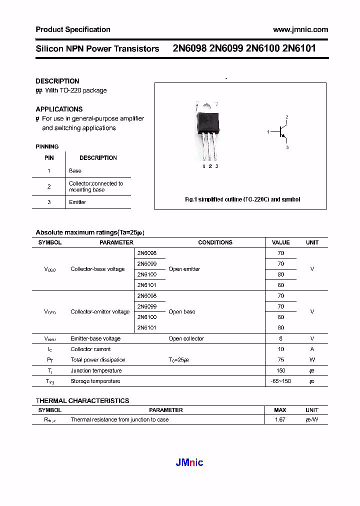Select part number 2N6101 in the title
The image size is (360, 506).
click(298, 48)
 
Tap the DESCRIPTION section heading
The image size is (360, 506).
click(57, 81)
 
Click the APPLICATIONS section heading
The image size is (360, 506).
click(59, 109)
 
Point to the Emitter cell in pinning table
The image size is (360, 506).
click(77, 202)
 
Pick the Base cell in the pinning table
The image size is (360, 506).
click(75, 170)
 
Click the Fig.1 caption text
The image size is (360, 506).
click(242, 199)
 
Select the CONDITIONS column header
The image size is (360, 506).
click(215, 242)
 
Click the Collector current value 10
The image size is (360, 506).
click(281, 349)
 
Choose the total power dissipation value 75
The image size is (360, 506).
click(281, 359)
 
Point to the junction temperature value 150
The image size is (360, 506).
click(281, 370)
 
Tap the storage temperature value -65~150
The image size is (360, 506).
click(281, 381)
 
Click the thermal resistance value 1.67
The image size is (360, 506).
click(280, 419)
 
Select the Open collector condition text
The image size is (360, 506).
click(186, 338)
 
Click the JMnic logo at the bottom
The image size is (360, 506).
click(189, 462)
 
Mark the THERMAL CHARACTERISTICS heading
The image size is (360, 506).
click(82, 400)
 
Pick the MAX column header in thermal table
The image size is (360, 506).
click(280, 410)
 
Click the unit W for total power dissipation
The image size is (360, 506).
click(312, 359)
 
